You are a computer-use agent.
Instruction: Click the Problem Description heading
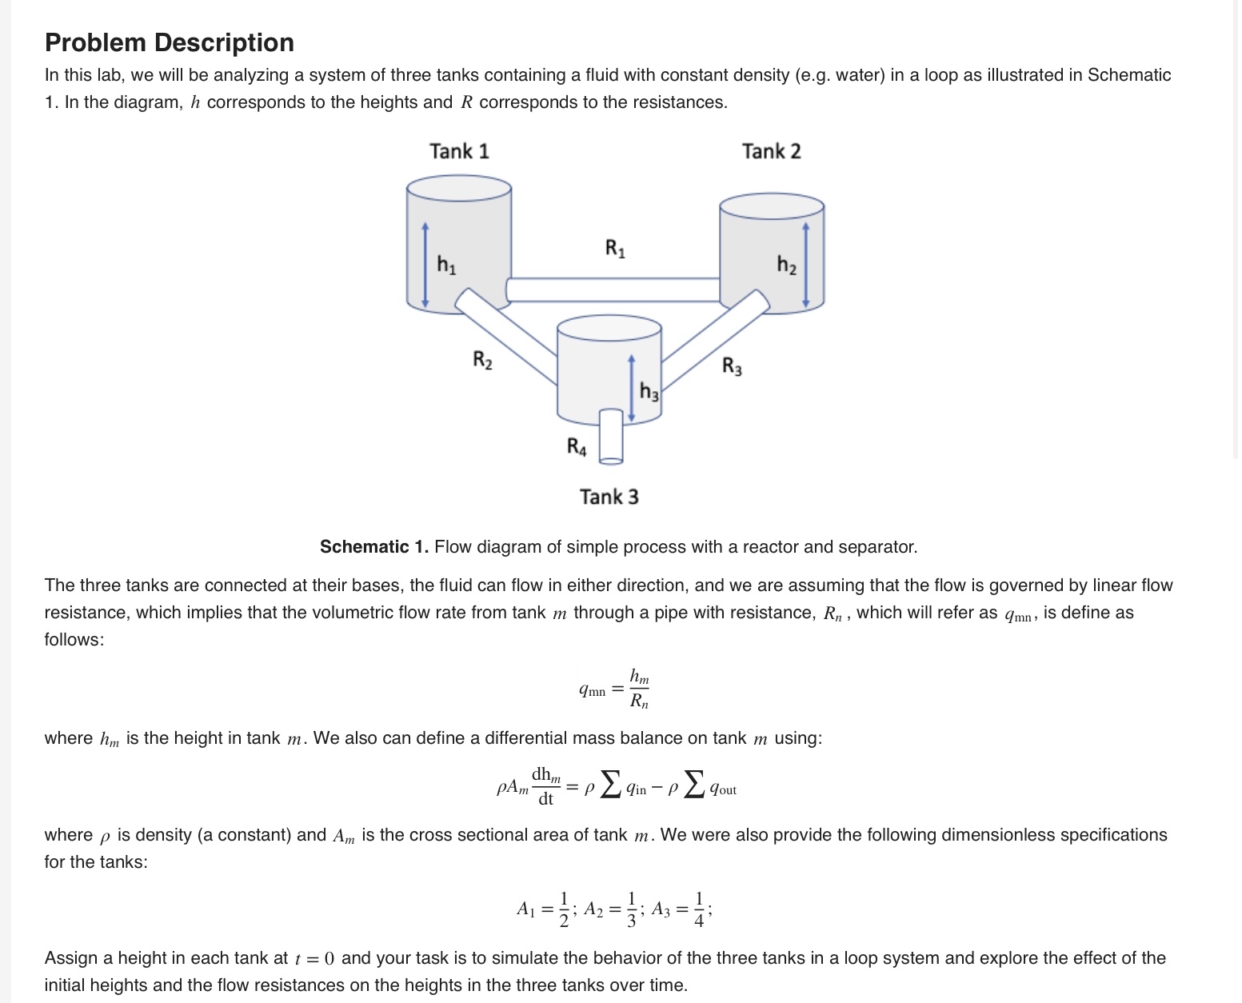click(170, 42)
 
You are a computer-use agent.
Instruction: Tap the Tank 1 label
click(459, 151)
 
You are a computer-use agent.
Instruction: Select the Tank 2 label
click(771, 151)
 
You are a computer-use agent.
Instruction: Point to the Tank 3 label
click(609, 497)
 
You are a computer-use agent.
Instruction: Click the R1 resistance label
click(615, 249)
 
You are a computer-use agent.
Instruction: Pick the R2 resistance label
click(482, 360)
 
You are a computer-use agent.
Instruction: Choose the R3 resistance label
click(732, 366)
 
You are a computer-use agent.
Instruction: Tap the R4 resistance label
click(577, 446)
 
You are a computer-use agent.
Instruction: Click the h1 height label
click(446, 264)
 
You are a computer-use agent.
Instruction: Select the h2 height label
click(786, 265)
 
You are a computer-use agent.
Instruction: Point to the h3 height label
click(649, 391)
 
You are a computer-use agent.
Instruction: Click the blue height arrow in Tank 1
click(425, 265)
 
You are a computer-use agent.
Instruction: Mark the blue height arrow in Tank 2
click(806, 265)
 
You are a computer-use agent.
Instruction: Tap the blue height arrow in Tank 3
click(632, 387)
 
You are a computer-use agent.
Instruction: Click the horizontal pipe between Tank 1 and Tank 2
click(613, 290)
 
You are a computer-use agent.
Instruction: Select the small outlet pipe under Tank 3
click(611, 436)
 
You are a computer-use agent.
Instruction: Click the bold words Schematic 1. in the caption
click(374, 547)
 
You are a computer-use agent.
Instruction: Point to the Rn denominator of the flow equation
click(639, 701)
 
